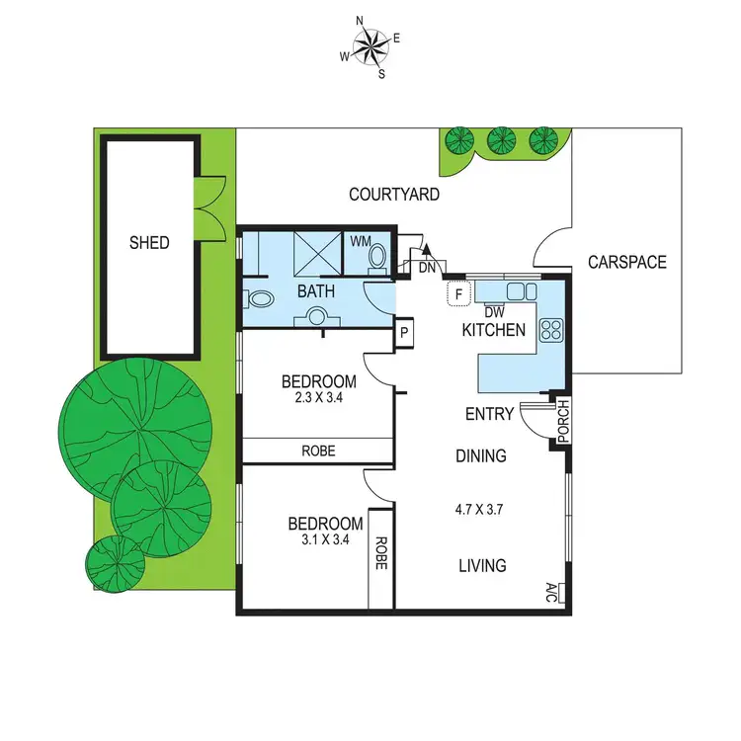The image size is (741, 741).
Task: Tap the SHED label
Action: [149, 242]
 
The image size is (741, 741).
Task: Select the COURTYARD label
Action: [394, 195]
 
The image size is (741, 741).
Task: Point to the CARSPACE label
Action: [626, 263]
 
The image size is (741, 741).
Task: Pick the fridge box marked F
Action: [458, 292]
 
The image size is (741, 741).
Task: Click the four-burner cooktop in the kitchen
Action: [550, 329]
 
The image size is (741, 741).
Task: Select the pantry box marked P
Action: [404, 333]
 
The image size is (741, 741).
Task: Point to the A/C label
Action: [551, 592]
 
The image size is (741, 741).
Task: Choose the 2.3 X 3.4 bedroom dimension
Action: [318, 401]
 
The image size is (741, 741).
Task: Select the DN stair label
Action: [427, 268]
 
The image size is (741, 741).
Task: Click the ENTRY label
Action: [489, 414]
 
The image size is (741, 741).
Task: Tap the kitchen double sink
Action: [521, 290]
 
